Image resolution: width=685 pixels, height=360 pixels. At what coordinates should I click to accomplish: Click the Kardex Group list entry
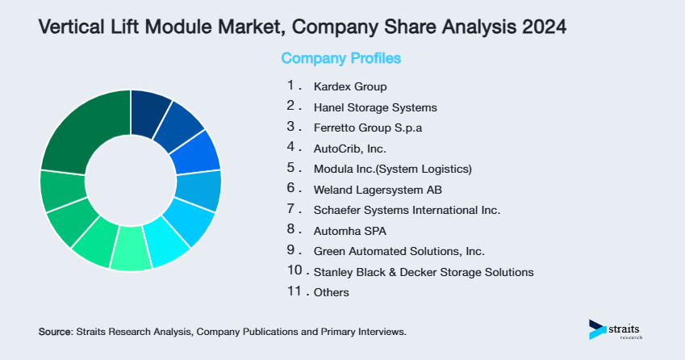click(x=350, y=86)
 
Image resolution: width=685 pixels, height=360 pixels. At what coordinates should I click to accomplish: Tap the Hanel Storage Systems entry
click(x=375, y=107)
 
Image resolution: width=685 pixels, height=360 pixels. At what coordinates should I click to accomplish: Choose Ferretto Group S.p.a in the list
click(x=368, y=128)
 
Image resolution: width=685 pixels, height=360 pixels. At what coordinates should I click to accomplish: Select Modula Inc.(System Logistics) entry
click(x=392, y=169)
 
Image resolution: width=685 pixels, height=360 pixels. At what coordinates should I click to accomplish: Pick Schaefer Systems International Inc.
click(x=407, y=210)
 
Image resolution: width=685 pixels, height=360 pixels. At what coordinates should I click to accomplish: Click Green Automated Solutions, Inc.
click(x=399, y=251)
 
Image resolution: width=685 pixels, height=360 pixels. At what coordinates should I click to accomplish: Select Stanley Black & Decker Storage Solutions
click(x=424, y=272)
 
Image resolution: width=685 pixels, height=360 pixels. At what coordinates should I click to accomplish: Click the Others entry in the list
click(x=332, y=292)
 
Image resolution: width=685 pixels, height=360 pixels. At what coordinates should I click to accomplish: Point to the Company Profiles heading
click(x=340, y=58)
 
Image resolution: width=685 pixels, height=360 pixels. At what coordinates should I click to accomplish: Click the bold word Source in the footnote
click(x=55, y=332)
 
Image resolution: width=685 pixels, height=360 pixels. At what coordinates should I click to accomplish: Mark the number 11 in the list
click(x=294, y=292)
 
